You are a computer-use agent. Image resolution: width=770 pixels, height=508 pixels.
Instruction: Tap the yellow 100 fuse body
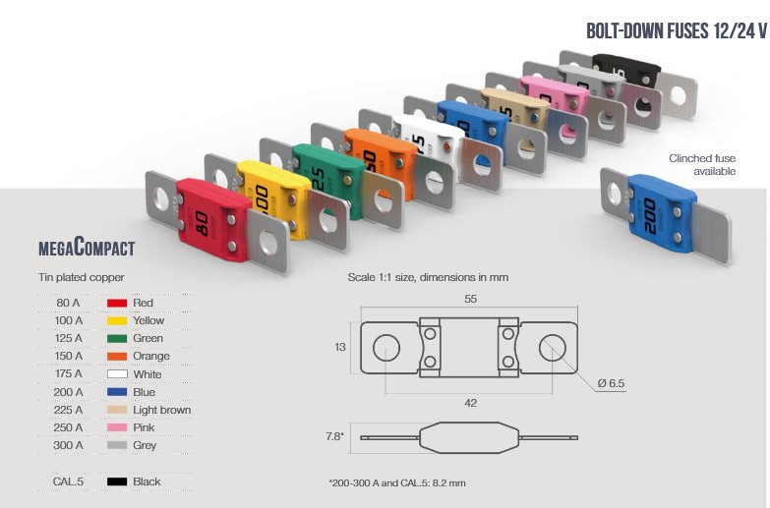click(272, 197)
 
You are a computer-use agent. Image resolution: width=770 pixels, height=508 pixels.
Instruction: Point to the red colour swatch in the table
click(117, 303)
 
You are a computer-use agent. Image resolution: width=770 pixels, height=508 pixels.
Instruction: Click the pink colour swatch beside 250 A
click(117, 427)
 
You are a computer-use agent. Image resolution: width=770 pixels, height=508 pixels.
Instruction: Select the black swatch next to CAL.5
click(117, 481)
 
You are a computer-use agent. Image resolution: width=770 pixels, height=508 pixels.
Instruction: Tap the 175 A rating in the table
click(68, 374)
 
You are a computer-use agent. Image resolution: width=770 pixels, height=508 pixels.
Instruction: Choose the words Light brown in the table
click(162, 410)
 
